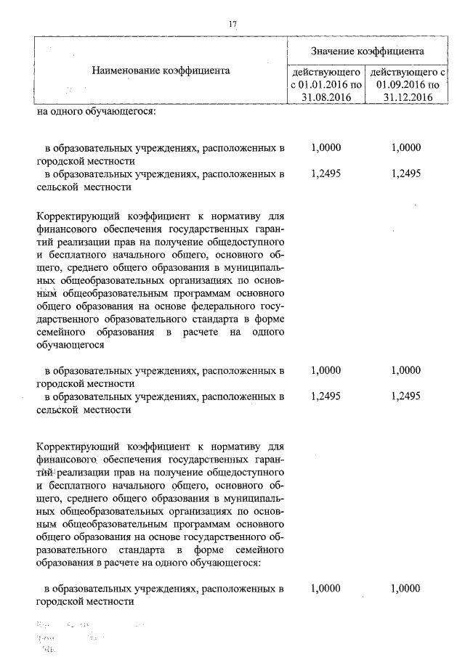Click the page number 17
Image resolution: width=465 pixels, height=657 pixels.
coord(232,24)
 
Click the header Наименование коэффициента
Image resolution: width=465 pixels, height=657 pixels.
coord(161,70)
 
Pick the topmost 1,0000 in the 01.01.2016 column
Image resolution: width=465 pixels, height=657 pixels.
coord(325,147)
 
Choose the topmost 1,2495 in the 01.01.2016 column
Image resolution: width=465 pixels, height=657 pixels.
coord(325,174)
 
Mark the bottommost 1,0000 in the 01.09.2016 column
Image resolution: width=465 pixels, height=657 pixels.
coord(405,588)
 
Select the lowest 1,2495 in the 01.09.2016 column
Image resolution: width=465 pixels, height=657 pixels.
coord(405,396)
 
